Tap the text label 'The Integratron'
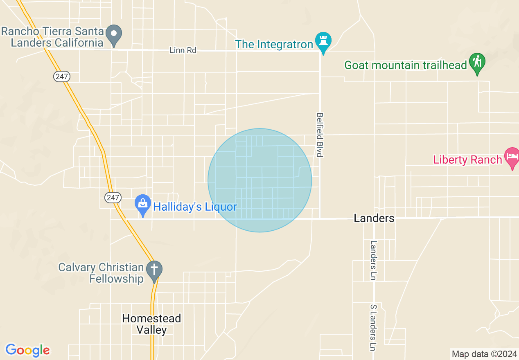coord(274,44)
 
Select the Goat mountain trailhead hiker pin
coord(477,63)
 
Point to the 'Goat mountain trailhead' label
coord(406,65)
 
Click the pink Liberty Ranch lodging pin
coord(512,157)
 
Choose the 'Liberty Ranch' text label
coord(467,160)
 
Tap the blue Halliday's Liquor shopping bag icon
coord(143,204)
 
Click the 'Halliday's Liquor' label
coord(195,207)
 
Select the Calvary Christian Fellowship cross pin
coord(154,270)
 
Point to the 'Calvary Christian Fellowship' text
coord(101,273)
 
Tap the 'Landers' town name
coord(374,218)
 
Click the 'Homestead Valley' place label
coord(151,324)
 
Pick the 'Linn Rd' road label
coord(183,50)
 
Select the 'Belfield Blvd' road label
coord(320,135)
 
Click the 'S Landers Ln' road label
coord(373,328)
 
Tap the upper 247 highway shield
coord(62,76)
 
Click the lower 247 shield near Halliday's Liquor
coord(113,198)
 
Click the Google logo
coord(28,350)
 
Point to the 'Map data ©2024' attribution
coord(484,354)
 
